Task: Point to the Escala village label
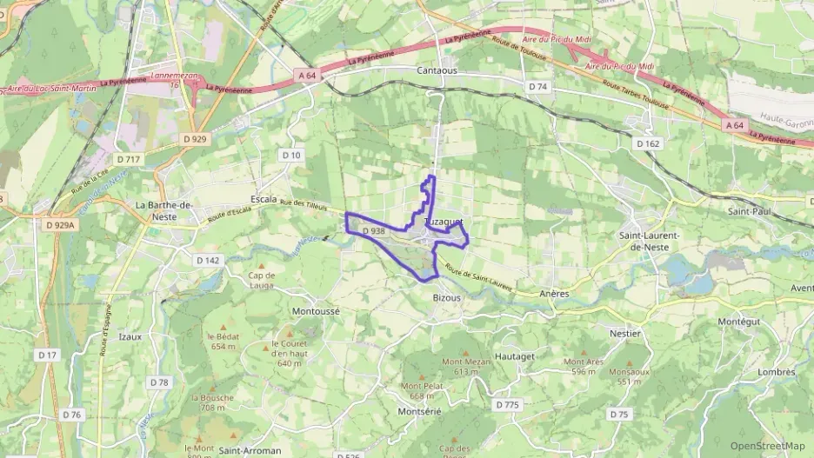pos(263,198)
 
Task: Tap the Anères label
pos(554,294)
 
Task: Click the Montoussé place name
pos(317,310)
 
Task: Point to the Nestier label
pos(625,333)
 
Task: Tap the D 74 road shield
pos(538,87)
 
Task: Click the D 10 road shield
pos(290,155)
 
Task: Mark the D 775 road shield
pos(506,405)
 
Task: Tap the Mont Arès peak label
pos(584,362)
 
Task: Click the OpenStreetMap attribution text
pos(767,446)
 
